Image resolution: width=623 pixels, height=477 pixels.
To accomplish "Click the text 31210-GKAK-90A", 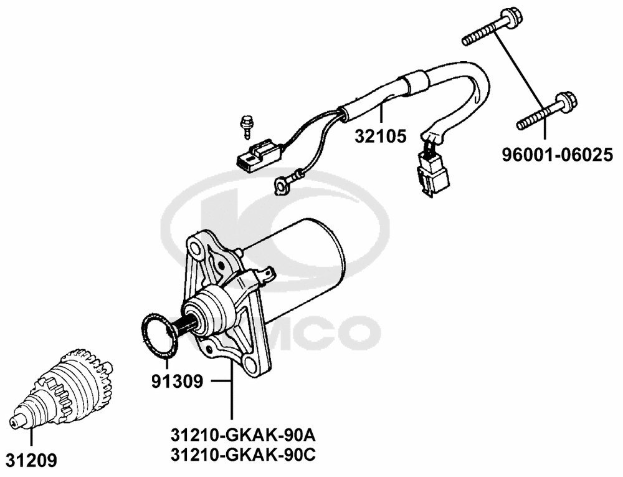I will [243, 433].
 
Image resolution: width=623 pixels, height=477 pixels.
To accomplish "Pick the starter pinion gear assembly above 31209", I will [65, 390].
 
